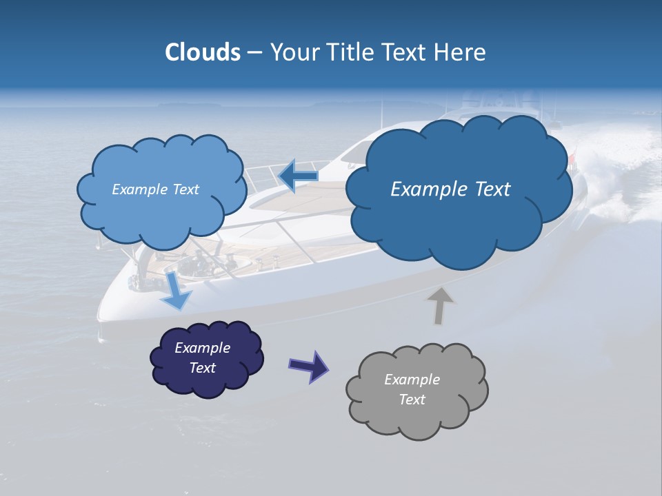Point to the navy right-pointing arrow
[308, 366]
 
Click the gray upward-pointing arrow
[440, 305]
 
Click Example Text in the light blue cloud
[155, 189]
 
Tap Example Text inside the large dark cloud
[450, 189]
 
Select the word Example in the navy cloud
[202, 348]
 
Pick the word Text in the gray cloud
[412, 400]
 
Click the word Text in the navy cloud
[203, 368]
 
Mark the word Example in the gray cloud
[412, 380]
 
